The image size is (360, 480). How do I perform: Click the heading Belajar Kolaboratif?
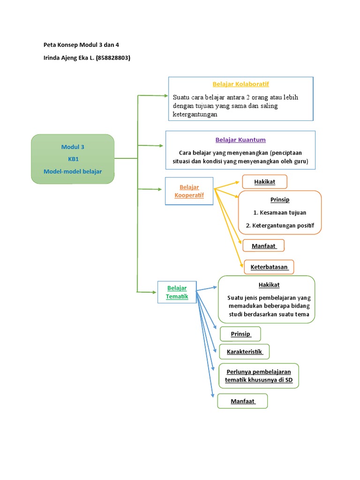(240, 84)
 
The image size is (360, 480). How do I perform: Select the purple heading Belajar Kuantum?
(240, 140)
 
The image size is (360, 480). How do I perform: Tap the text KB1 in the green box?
(73, 159)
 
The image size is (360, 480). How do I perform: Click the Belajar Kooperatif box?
(189, 191)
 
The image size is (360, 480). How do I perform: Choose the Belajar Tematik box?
(177, 292)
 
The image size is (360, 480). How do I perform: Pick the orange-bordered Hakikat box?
(264, 181)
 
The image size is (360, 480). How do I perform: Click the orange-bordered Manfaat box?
(263, 246)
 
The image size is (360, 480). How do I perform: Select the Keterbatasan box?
(269, 267)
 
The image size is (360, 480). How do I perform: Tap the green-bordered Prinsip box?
(240, 334)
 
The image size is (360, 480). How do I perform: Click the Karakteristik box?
(244, 352)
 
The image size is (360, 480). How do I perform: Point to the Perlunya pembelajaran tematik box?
(258, 375)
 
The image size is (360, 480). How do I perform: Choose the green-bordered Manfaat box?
(242, 401)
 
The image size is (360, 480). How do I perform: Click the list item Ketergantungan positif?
(280, 226)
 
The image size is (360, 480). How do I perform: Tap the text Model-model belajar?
(73, 171)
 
